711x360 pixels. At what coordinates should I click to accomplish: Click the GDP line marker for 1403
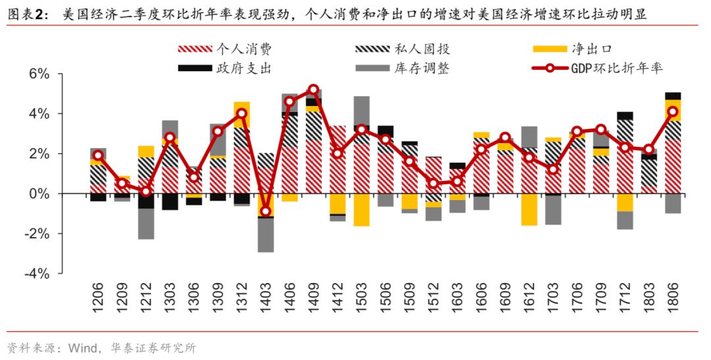pos(265,211)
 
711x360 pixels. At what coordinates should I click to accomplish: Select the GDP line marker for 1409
pos(313,90)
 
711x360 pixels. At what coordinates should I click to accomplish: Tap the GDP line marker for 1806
pos(672,112)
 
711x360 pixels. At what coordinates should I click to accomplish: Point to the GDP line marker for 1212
pos(145,192)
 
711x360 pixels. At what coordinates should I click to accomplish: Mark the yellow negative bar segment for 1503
pos(361,210)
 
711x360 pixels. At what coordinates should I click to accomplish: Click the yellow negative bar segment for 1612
pos(529,210)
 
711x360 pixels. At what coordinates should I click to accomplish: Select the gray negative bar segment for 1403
pos(265,235)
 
